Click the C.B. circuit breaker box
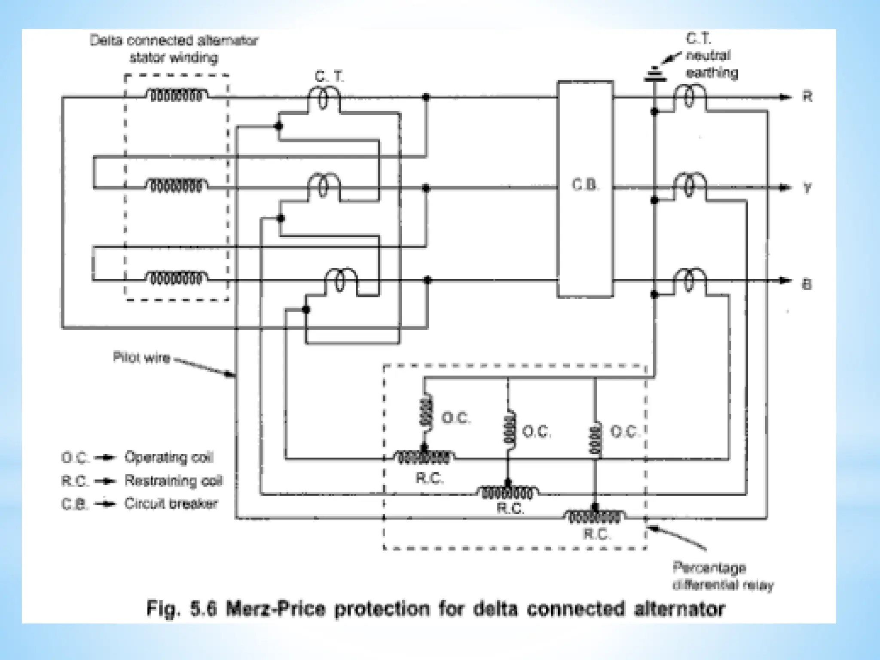(x=585, y=189)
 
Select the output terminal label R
(x=807, y=97)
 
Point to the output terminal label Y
(x=807, y=188)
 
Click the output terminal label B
(x=807, y=284)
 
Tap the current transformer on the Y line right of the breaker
(x=689, y=186)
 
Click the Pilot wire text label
(x=141, y=357)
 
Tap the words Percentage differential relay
(x=722, y=576)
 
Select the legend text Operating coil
(x=169, y=457)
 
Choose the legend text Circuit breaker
(x=171, y=503)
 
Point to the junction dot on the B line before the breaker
(x=427, y=280)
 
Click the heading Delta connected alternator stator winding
(x=174, y=49)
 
